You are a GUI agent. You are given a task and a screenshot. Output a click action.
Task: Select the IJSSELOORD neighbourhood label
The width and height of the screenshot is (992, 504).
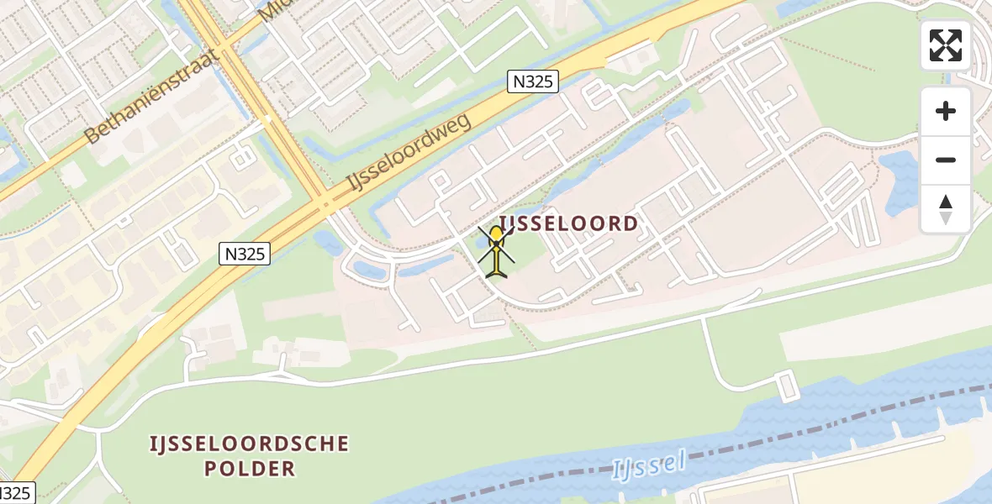(569, 223)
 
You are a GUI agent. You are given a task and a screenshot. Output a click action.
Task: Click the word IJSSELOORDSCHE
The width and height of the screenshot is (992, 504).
(249, 444)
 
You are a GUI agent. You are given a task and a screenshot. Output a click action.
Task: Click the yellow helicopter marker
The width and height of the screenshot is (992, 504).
(497, 250)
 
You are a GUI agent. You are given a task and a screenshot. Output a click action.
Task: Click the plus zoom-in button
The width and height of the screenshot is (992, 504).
(946, 111)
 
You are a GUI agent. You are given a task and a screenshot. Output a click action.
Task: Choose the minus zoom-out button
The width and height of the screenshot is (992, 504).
(946, 160)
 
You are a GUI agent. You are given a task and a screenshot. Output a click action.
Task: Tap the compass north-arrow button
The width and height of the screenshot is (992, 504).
(946, 208)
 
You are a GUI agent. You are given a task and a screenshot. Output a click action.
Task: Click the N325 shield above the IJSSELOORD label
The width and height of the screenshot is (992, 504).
(533, 81)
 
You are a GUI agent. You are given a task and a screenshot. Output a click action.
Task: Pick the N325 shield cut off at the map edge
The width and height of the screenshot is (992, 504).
(15, 494)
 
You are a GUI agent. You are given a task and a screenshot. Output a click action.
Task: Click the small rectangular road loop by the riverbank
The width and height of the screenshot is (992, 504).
(788, 387)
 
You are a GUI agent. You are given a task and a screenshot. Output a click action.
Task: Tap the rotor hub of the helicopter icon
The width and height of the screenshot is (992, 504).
(497, 244)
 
